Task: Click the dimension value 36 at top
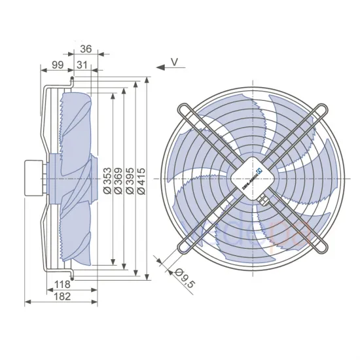coord(86,48)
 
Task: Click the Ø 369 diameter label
coord(118,179)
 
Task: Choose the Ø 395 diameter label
coord(130,179)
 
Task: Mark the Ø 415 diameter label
coord(142,179)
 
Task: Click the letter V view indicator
coord(174,62)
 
